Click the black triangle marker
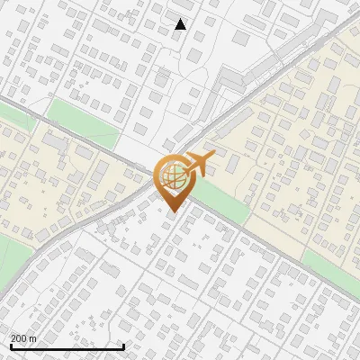pos(181,24)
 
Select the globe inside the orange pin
pos(171,176)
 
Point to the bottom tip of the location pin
pos(171,211)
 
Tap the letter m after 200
pos(33,338)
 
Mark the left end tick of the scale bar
pos(11,346)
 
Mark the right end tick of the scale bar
pos(123,346)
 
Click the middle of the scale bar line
pos(67,346)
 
